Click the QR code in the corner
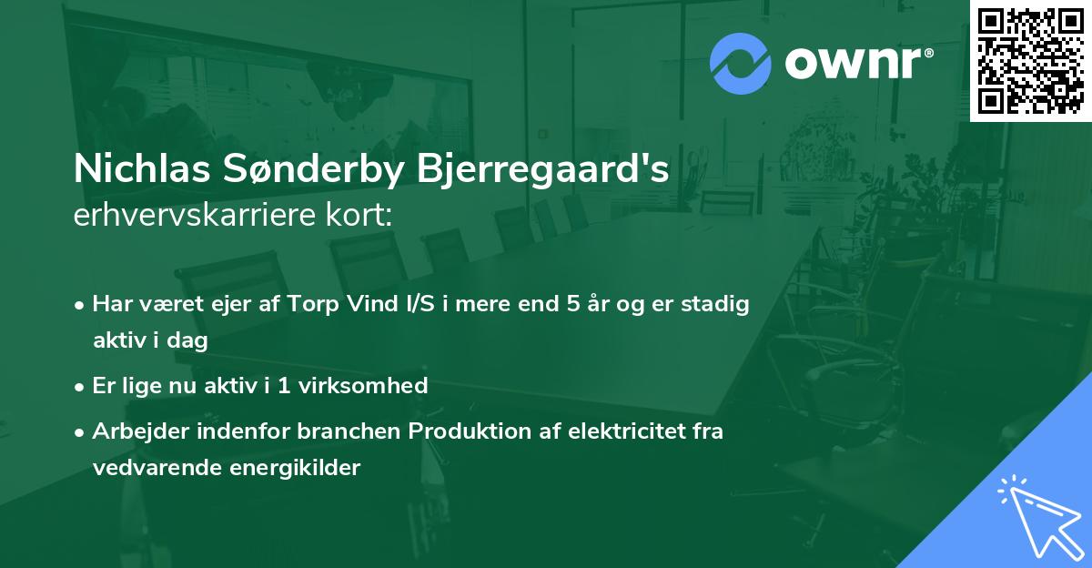click(x=1031, y=60)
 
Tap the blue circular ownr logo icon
click(x=740, y=64)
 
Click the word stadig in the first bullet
click(x=718, y=304)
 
